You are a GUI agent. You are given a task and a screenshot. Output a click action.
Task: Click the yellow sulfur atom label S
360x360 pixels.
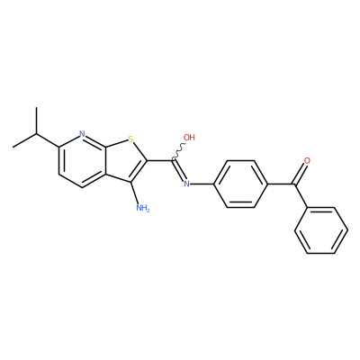tap(130, 139)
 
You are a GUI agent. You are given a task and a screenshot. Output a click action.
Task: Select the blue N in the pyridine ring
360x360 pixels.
tap(83, 134)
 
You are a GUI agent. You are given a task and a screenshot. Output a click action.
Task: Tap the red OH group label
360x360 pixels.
tap(189, 138)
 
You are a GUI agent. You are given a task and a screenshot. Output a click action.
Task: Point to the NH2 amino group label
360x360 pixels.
tap(142, 207)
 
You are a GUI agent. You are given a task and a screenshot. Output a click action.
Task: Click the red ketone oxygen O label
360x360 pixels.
tap(307, 160)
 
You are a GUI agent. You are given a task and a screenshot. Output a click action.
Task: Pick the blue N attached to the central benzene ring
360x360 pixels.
tap(186, 184)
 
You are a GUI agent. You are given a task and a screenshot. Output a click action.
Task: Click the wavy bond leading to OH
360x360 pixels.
tap(179, 151)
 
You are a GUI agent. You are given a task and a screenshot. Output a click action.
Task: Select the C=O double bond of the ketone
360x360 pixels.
tap(301, 174)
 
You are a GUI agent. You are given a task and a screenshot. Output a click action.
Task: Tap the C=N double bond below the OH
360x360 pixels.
tap(179, 170)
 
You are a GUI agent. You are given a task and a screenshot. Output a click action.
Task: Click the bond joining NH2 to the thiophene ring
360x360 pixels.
tap(135, 193)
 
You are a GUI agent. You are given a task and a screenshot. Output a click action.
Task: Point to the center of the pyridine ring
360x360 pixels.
tap(83, 160)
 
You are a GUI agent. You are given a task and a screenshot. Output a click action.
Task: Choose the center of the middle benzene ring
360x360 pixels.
tap(240, 184)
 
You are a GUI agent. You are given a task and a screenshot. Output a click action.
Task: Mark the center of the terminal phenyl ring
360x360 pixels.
tap(321, 230)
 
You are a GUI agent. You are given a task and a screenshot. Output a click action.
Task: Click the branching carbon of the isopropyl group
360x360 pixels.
tap(36, 134)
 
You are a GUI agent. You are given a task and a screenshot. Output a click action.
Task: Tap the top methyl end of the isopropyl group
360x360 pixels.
tap(36, 107)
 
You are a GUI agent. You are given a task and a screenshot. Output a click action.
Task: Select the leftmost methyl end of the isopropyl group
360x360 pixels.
tap(13, 147)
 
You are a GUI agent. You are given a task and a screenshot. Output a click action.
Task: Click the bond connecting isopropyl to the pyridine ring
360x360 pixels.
tap(48, 140)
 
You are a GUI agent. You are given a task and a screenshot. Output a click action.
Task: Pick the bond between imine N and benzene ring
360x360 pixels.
tap(202, 184)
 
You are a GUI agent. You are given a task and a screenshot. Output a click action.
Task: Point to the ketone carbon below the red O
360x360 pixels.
tap(294, 184)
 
